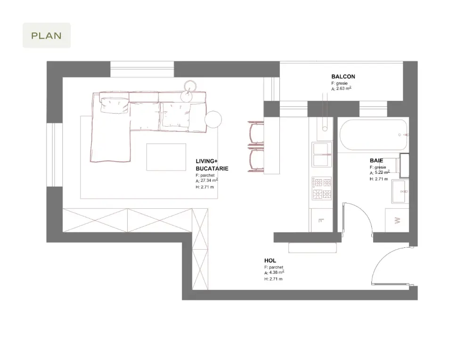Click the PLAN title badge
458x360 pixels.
coord(47,35)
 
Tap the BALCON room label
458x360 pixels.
coord(343,76)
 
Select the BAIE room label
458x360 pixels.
coord(376,160)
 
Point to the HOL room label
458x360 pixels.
coord(270,261)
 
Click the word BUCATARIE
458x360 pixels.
coord(212,169)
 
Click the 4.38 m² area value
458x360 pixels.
coord(277,272)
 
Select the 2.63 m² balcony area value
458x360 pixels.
coord(343,88)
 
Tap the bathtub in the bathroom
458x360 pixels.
coord(374,135)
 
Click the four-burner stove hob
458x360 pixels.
coord(322,188)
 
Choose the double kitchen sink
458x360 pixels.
coord(322,154)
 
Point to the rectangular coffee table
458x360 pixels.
coord(166,157)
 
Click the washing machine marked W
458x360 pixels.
coord(397,221)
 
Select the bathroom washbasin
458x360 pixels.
coord(399,191)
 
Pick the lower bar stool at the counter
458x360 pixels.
coord(256,160)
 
